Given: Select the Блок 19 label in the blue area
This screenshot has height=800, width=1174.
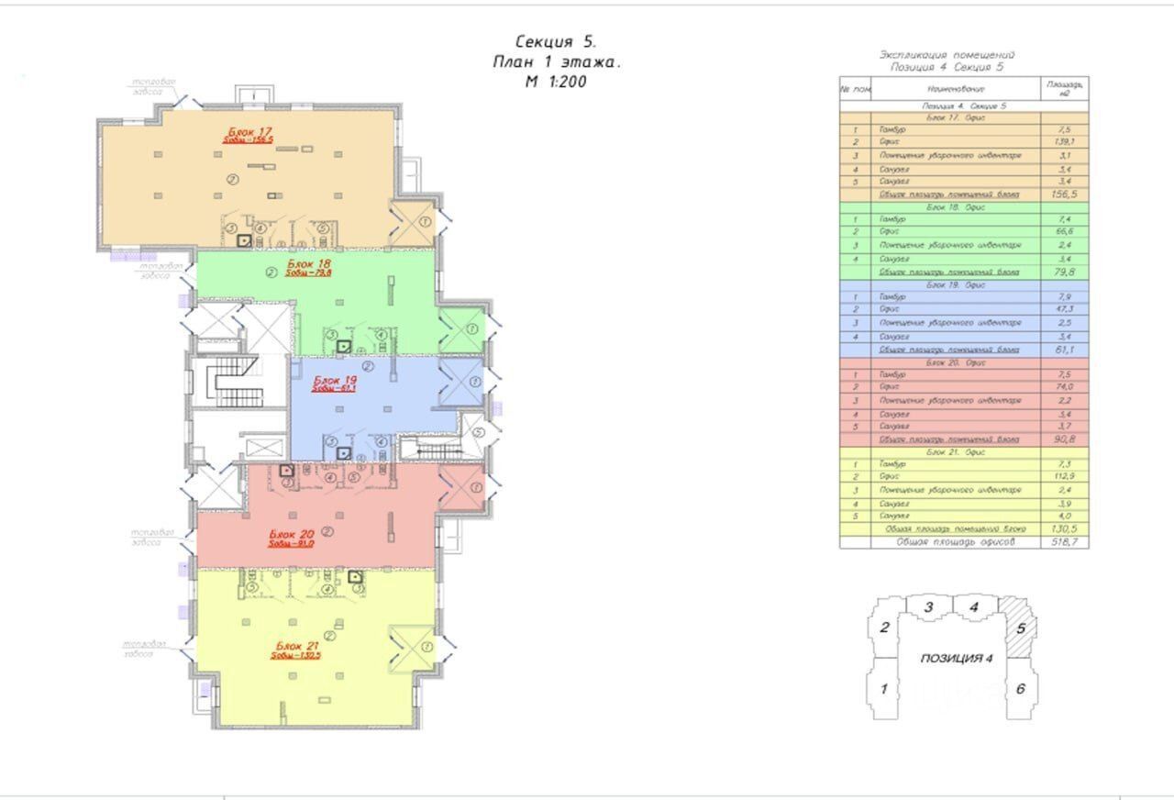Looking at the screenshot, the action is click(x=335, y=379).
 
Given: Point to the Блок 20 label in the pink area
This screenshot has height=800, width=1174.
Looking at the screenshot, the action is click(x=292, y=534).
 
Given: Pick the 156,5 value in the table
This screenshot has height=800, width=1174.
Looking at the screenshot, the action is click(x=1064, y=194).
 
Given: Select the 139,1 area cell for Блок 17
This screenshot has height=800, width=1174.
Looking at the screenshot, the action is click(x=1064, y=142).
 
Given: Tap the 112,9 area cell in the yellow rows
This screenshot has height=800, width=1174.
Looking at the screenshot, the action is click(x=1064, y=477).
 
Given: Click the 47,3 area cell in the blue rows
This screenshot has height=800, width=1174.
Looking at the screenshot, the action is click(x=1064, y=310).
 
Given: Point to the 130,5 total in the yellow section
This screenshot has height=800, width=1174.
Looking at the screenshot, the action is click(x=1064, y=529).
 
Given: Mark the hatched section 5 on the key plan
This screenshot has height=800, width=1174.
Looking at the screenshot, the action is click(x=1021, y=630).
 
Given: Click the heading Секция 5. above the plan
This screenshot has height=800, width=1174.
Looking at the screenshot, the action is click(x=555, y=42).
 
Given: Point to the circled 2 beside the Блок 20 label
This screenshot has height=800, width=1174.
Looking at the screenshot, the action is click(x=327, y=531).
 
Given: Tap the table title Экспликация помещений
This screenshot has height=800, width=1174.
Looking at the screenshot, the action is click(x=947, y=56).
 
